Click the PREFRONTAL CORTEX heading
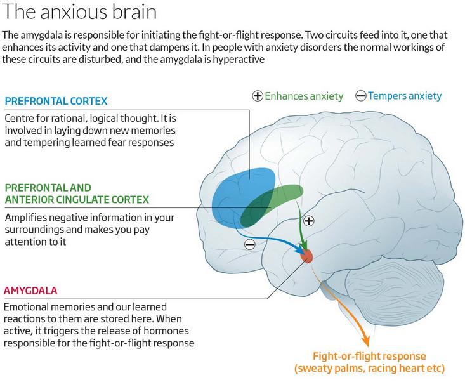pos(56,101)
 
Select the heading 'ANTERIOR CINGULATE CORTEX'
pos(77,200)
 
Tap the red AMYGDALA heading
pos(30,291)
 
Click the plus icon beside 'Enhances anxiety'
pos(258,96)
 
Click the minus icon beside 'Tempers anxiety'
pos(360,96)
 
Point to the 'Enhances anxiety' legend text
pos(304,96)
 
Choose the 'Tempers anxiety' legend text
pos(405,96)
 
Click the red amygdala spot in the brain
pos(306,256)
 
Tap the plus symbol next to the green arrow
pos(309,221)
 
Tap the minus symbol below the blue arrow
pos(250,244)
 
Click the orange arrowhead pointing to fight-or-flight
pos(365,341)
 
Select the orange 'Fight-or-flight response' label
pos(369,356)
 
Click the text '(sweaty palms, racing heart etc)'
pos(369,369)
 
